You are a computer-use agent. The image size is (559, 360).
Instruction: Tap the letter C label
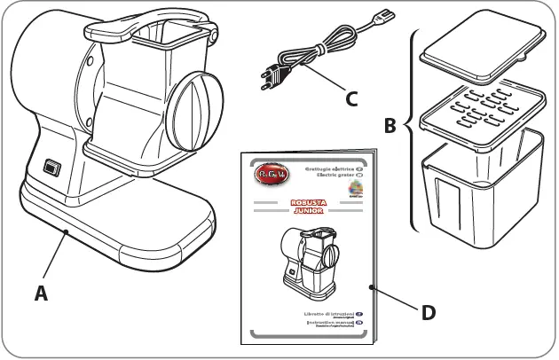point(351,98)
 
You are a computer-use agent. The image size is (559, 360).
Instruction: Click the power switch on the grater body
point(50,167)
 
